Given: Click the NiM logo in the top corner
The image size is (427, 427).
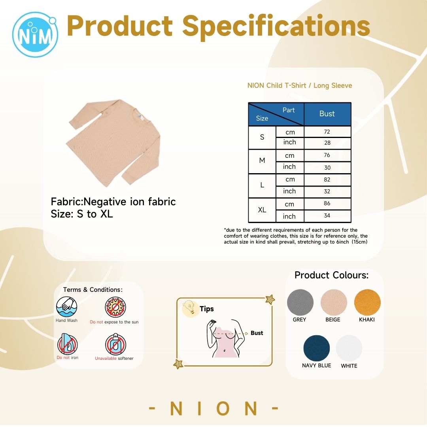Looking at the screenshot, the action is pos(35,34).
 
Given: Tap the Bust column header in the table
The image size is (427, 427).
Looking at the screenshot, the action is pos(327,114).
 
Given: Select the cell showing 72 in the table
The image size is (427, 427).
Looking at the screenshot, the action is pos(327,132).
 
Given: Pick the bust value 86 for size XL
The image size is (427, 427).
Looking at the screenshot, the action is pos(327,204).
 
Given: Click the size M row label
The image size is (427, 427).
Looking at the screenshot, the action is pos(262,161).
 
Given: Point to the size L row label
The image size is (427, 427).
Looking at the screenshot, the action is pos(262,185).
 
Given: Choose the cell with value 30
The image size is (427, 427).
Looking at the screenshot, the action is pos(327,168).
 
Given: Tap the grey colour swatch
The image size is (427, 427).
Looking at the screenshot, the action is pos(300,302).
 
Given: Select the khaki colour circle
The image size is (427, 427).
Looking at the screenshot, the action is pos(367,302).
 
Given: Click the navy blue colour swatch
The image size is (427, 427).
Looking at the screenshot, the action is pos(316,348).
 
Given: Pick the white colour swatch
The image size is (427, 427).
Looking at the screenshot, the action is pos(349,348).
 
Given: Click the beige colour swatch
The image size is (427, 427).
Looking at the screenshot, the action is pos(334,302).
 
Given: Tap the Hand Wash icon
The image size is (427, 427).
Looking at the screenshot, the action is pos(66,307).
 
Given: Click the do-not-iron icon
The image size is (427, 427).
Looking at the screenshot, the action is pos(67,344).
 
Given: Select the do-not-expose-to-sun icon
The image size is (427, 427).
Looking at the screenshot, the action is pos(115,307).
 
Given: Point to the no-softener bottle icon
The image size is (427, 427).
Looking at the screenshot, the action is pos(115,344).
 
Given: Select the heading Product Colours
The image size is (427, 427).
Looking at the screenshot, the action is pos(331,275).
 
